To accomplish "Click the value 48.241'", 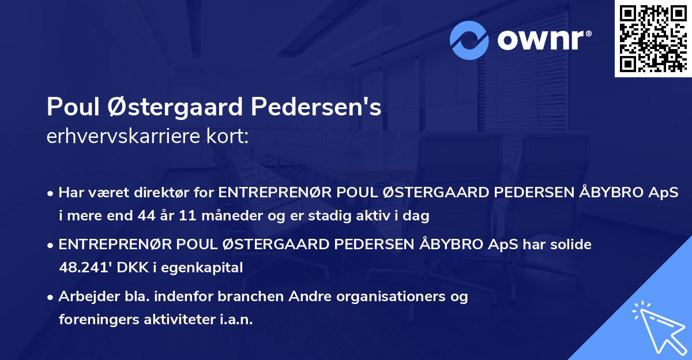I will point(84,267).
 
